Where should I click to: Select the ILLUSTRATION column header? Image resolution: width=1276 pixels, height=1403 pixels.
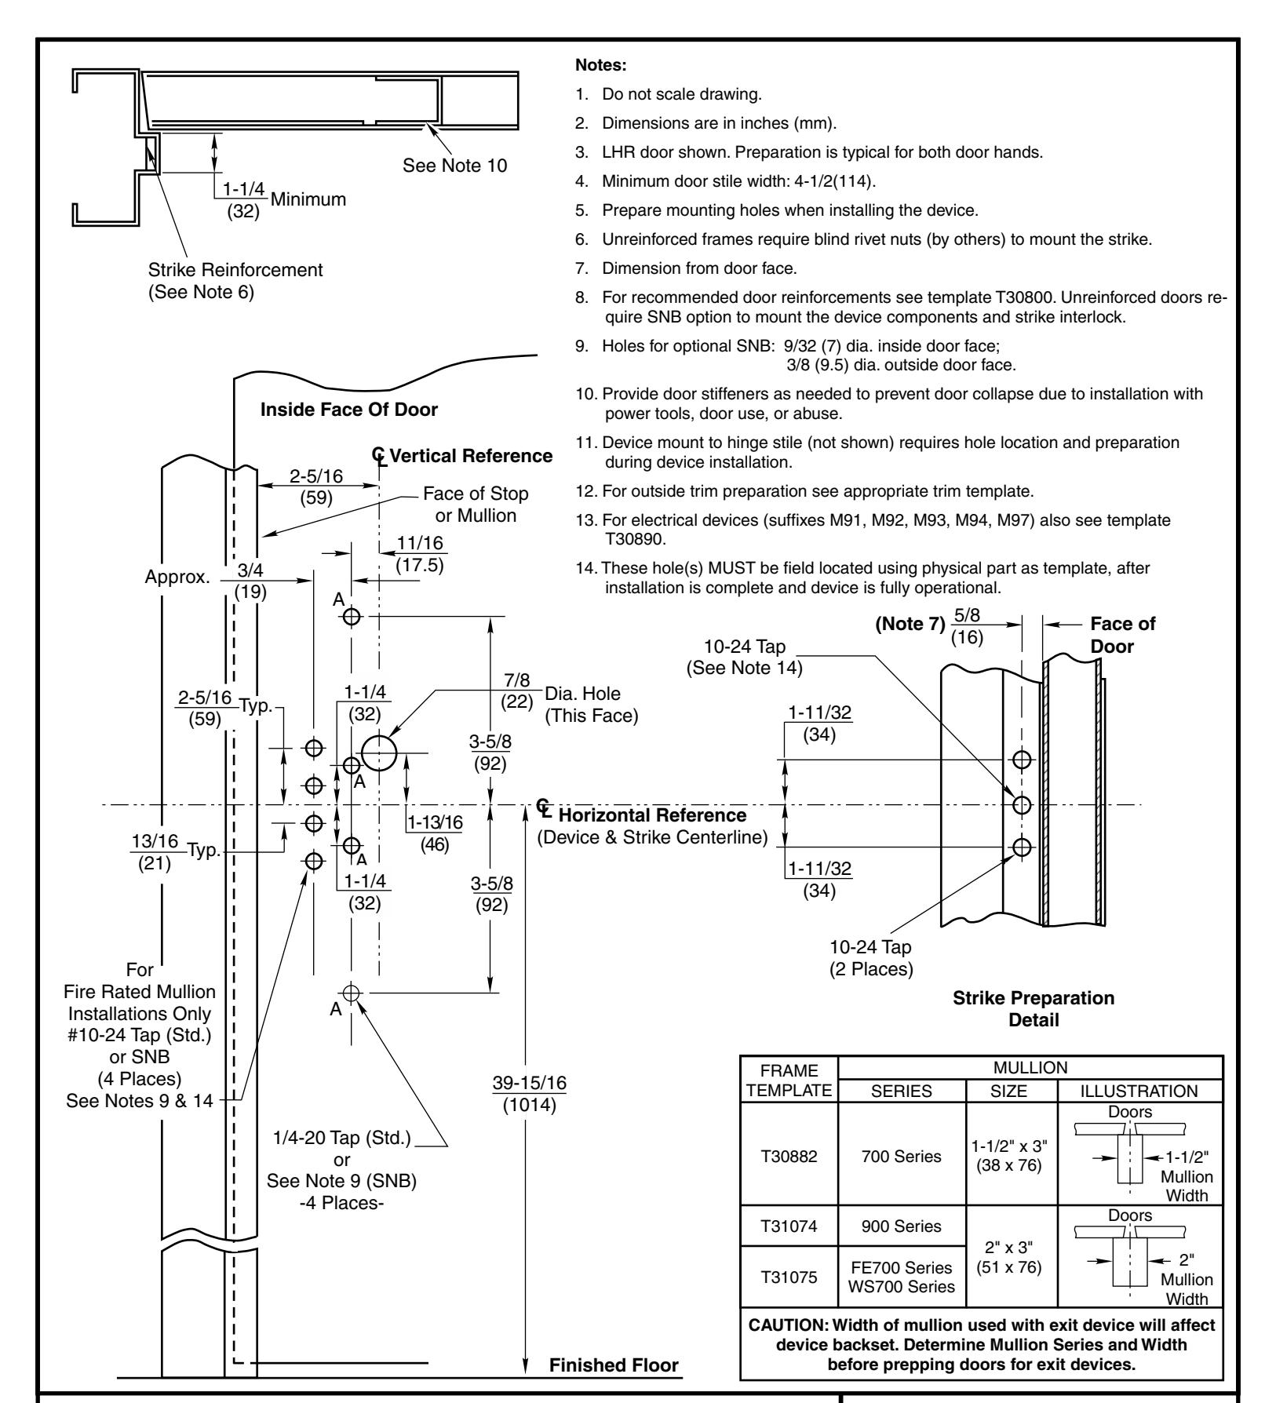(x=1140, y=1091)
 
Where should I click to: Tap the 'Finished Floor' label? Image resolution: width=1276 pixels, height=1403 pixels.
(x=614, y=1386)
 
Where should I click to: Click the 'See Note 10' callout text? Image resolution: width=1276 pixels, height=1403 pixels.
(x=454, y=166)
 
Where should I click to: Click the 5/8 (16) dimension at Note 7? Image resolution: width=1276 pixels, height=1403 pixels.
(x=965, y=627)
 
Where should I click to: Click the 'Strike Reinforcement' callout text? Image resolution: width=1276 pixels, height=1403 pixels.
(x=235, y=270)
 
